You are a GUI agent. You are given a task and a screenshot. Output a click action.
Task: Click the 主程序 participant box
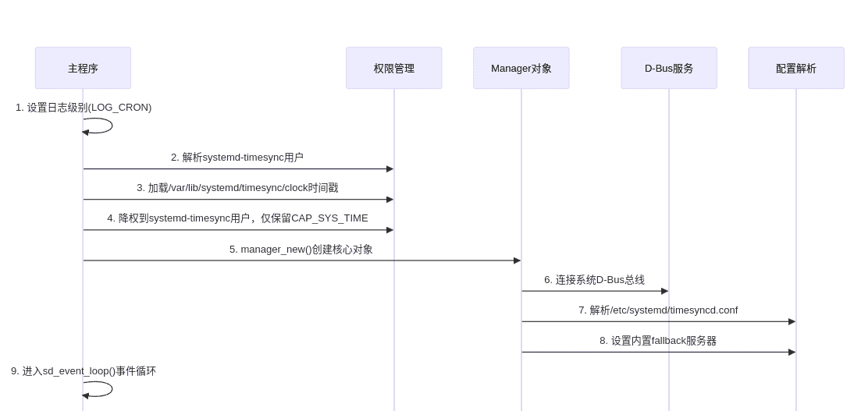coord(83,68)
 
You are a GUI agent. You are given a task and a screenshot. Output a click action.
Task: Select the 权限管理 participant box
coord(393,68)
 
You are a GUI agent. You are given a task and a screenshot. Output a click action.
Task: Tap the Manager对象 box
coord(521,68)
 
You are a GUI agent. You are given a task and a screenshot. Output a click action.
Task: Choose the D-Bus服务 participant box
coord(668,68)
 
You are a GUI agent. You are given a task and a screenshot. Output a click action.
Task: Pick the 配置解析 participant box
coord(795,68)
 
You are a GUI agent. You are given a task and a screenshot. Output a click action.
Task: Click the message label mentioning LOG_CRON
coord(84,108)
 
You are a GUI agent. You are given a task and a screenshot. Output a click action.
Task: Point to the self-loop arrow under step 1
coord(111,126)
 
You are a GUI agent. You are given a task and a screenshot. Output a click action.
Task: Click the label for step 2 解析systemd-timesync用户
coord(237,158)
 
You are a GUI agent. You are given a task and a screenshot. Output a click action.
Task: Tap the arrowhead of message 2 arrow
coord(390,168)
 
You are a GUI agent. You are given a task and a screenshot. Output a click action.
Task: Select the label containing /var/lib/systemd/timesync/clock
coord(237,188)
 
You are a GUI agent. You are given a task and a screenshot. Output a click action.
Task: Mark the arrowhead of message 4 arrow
coord(390,230)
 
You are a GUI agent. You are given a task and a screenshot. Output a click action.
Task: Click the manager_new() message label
coord(301,250)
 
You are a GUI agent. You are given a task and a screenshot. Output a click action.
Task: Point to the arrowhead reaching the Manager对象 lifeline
coord(517,260)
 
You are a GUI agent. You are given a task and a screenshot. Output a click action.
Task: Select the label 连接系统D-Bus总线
coord(594,280)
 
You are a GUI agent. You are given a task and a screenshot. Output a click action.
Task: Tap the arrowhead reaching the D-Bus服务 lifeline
coord(664,291)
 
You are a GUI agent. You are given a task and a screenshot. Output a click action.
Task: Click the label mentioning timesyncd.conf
coord(658,310)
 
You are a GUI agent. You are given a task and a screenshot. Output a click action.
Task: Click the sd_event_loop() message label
coord(84,371)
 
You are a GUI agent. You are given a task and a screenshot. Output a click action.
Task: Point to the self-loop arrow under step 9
coord(111,389)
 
